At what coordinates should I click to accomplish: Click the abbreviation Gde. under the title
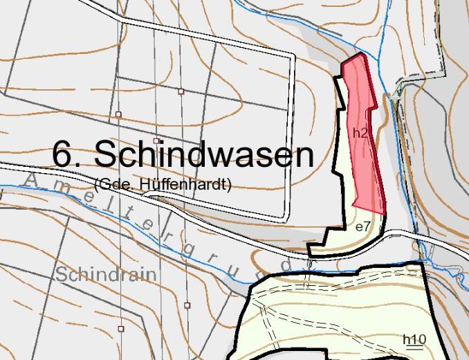tap(113, 184)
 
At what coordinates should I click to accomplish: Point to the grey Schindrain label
tap(107, 275)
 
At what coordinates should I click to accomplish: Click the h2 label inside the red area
tap(359, 133)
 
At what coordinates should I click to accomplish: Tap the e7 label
tap(362, 226)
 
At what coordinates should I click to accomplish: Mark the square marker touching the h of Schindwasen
tap(156, 141)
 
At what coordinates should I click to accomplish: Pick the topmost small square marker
tap(181, 91)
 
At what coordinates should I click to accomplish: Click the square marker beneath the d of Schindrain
tap(121, 328)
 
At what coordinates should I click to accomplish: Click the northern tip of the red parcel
tap(359, 55)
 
